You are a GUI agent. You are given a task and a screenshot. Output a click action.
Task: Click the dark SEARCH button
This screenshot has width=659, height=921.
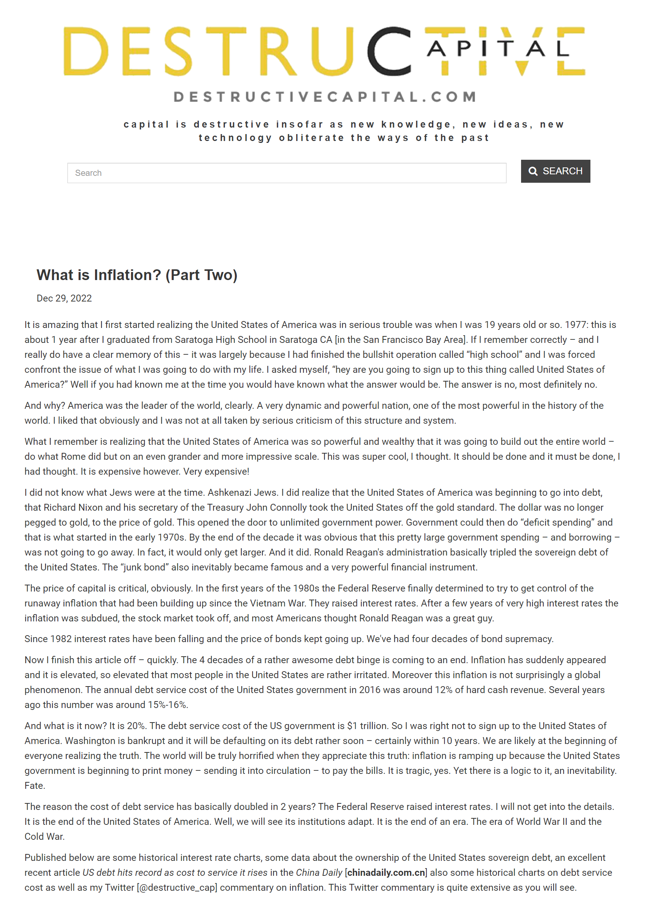tap(555, 171)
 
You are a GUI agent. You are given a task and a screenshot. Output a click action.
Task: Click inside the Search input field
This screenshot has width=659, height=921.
tap(287, 173)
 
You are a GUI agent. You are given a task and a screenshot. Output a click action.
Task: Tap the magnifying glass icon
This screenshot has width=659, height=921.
tap(533, 172)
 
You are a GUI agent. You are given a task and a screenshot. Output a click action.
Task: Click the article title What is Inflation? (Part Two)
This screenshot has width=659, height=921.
tap(137, 275)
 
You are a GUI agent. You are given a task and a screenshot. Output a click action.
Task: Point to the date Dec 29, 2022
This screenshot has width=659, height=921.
tap(64, 298)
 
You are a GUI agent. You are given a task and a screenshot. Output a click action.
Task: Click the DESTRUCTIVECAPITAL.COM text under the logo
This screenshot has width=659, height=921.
tap(325, 97)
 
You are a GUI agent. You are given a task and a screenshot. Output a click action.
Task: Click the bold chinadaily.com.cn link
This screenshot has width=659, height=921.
tap(386, 873)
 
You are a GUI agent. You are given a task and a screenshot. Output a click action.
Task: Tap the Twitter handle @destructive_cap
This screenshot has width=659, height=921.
tap(177, 888)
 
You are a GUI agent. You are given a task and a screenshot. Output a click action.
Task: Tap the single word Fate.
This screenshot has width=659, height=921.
tap(35, 786)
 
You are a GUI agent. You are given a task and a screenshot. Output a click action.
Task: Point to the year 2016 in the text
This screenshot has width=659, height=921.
tap(369, 690)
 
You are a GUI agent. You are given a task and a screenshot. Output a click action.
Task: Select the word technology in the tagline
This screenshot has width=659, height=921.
tap(235, 138)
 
